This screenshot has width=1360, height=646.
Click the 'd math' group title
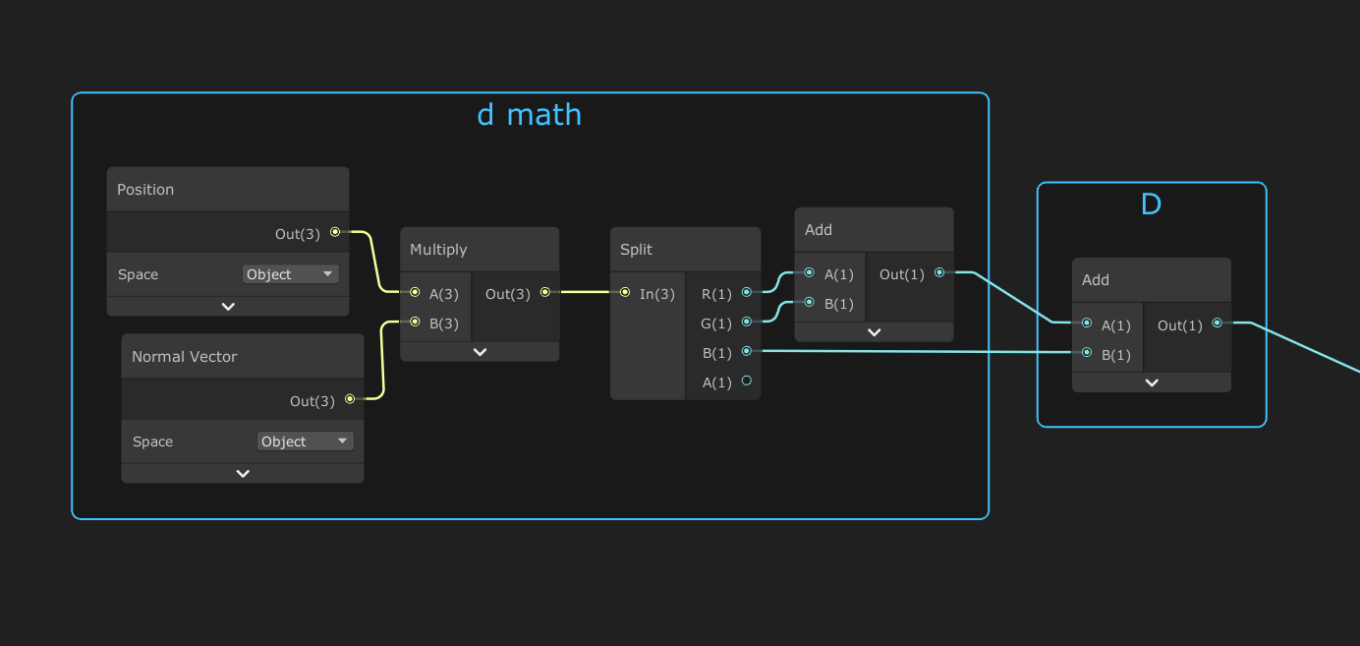[x=529, y=115]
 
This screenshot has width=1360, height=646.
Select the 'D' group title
[x=1151, y=204]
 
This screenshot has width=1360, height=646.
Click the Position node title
[x=145, y=190]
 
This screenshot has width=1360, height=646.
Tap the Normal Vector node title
[x=185, y=357]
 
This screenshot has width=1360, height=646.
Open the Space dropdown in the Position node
[x=291, y=274]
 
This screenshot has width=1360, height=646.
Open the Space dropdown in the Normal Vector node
[x=306, y=441]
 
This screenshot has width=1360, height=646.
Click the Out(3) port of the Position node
[x=335, y=232]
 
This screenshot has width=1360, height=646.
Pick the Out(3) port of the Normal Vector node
[x=350, y=399]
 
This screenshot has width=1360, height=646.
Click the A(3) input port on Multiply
[x=416, y=292]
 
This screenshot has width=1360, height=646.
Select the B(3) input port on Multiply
[x=416, y=322]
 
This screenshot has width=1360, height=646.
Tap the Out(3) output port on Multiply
[x=545, y=292]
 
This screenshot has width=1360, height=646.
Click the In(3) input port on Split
[x=625, y=292]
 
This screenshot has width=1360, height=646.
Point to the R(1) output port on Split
[x=747, y=292]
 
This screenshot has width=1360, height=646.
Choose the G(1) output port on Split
[x=747, y=322]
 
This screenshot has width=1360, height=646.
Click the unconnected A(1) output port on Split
[x=747, y=381]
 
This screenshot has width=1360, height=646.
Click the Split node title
[x=637, y=250]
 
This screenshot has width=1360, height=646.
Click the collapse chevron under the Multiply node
[x=480, y=351]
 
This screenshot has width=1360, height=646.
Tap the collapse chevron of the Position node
[x=228, y=306]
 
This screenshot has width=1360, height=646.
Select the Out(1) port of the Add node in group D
[x=1218, y=323]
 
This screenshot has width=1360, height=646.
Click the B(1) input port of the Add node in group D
[x=1087, y=352]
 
